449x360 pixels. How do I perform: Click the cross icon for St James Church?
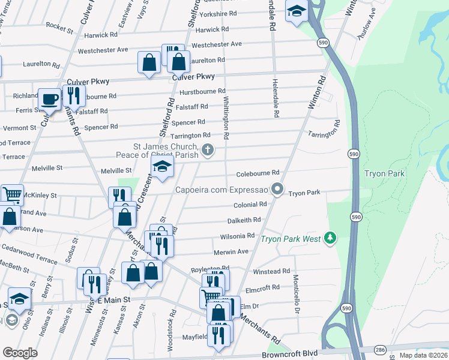click(x=208, y=150)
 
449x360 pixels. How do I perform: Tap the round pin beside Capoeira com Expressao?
click(x=277, y=190)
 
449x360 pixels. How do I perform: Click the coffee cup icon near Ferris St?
click(x=49, y=98)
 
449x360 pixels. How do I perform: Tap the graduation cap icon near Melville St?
click(x=162, y=167)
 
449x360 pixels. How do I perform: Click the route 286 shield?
click(x=381, y=348)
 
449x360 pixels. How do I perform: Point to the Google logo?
click(x=20, y=353)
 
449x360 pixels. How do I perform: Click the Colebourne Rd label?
click(x=258, y=173)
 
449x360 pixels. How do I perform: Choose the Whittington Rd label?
click(x=226, y=118)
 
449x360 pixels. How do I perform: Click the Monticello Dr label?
click(x=296, y=294)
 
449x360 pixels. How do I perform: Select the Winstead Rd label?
click(x=271, y=271)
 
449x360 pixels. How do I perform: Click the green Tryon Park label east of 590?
click(x=384, y=174)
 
